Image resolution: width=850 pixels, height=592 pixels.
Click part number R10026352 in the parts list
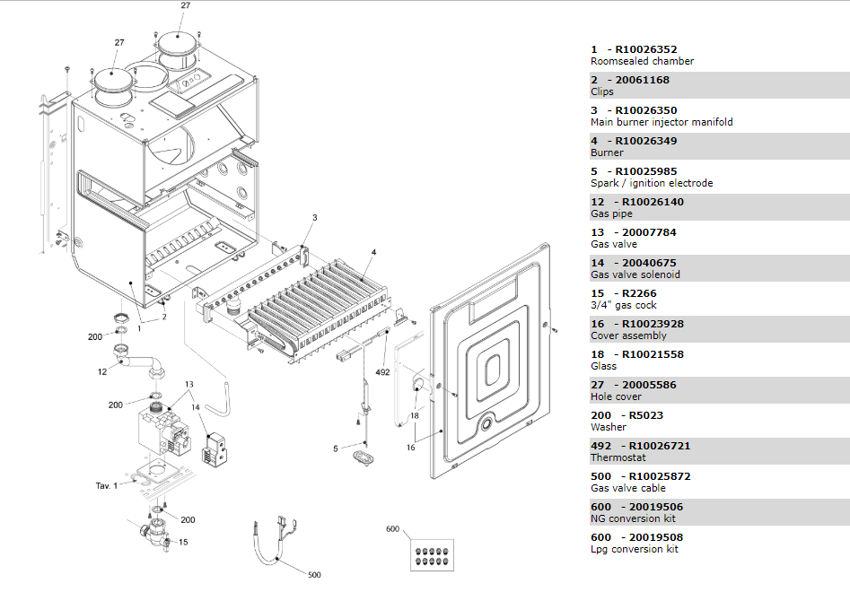click(x=646, y=49)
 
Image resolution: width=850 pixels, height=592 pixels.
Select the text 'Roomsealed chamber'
click(x=642, y=62)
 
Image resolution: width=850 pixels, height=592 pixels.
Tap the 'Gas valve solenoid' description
click(x=635, y=274)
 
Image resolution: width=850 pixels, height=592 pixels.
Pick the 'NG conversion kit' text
click(x=633, y=518)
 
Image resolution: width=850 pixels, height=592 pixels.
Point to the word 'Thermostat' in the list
click(x=614, y=457)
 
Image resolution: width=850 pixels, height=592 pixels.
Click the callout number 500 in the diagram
click(x=313, y=575)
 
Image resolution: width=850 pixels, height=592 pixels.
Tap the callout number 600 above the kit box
click(x=392, y=529)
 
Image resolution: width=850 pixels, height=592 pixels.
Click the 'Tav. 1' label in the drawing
click(x=107, y=485)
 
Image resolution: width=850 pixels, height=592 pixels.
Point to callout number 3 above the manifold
click(x=315, y=218)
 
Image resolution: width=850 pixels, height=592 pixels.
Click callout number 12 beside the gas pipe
click(x=103, y=370)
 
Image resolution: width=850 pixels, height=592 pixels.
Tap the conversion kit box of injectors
click(x=432, y=554)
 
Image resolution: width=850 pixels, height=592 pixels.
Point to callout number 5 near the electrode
click(x=336, y=448)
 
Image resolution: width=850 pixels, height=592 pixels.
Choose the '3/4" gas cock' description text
click(x=623, y=305)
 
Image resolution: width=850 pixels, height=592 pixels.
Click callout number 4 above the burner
click(x=373, y=252)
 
